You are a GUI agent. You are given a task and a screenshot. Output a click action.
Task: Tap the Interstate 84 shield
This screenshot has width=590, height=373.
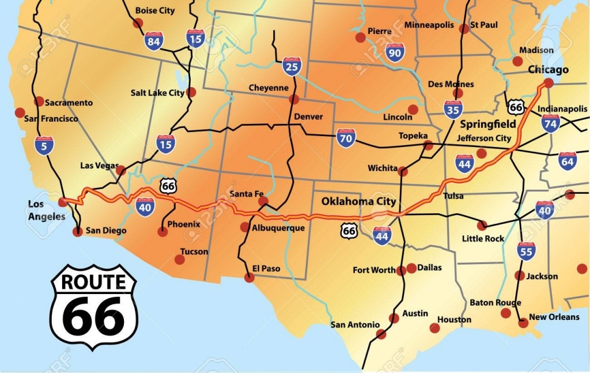pyautogui.click(x=154, y=41)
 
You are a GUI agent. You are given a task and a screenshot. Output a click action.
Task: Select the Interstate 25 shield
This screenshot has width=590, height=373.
pyautogui.click(x=292, y=67)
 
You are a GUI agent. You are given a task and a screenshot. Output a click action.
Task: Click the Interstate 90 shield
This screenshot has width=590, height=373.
pyautogui.click(x=395, y=52)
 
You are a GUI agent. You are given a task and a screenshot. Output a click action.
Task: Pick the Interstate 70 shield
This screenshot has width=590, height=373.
pyautogui.click(x=346, y=138)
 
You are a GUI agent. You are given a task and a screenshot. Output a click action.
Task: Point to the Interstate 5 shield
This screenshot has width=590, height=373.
pyautogui.click(x=44, y=146)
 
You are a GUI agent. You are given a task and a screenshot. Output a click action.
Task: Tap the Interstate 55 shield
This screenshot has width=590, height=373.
pyautogui.click(x=526, y=251)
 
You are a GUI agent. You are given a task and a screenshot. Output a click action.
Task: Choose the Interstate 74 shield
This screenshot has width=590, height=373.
pyautogui.click(x=551, y=123)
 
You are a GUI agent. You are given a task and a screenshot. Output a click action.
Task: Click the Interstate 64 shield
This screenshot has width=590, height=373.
pyautogui.click(x=568, y=161)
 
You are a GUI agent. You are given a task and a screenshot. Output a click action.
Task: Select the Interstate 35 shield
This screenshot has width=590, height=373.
pyautogui.click(x=453, y=109)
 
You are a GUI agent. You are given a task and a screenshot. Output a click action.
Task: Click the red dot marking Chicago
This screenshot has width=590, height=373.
pyautogui.click(x=549, y=83)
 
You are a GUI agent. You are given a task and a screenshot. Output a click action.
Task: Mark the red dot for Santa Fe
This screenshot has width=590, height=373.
pyautogui.click(x=263, y=201)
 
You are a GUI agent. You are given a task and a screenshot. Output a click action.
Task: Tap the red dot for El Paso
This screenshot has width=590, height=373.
pyautogui.click(x=249, y=277)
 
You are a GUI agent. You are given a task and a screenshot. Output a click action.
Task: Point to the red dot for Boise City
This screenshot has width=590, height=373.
pyautogui.click(x=138, y=23)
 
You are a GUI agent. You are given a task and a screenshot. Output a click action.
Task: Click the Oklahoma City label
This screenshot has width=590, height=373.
pyautogui.click(x=358, y=201)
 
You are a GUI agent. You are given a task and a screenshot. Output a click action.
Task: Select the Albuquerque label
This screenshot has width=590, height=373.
pyautogui.click(x=278, y=228)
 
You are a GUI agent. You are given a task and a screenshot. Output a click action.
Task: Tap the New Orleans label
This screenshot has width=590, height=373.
pyautogui.click(x=554, y=317)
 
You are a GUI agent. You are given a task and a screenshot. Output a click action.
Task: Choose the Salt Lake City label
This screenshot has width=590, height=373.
pyautogui.click(x=157, y=93)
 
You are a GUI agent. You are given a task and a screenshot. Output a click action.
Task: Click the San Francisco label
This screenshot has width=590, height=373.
pyautogui.click(x=51, y=119)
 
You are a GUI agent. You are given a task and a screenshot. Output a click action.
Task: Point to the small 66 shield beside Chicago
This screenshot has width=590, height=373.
pyautogui.click(x=516, y=107)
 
